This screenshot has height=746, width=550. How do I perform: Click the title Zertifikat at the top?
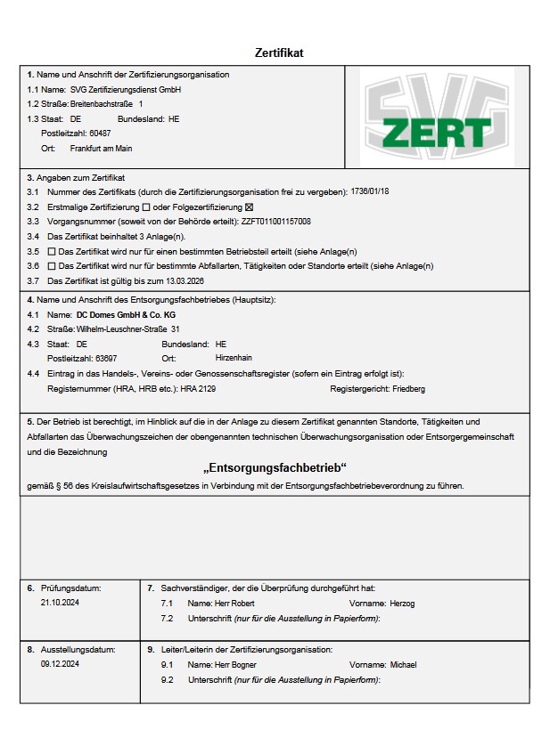click(279, 53)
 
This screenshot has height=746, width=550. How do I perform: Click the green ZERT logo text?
click(437, 132)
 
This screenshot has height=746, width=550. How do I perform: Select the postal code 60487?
click(100, 133)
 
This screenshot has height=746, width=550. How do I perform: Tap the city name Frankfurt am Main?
click(101, 148)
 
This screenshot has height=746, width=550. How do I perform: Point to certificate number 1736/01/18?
click(371, 191)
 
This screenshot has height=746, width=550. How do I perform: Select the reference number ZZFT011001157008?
click(276, 221)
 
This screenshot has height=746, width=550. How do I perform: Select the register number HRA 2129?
click(198, 388)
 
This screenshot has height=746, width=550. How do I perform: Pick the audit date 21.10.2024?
click(60, 603)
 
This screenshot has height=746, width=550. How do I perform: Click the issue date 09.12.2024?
click(60, 664)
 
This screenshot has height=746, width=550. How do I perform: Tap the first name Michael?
click(403, 664)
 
